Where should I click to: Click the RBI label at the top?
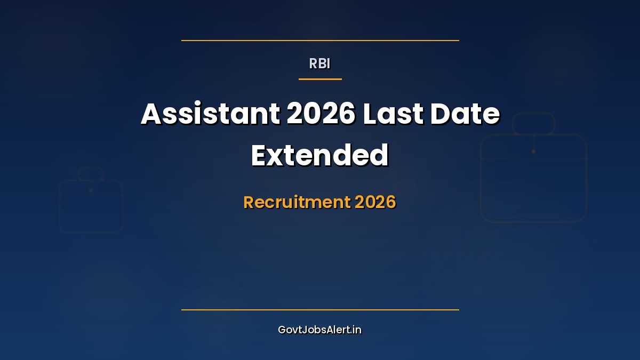[x=320, y=63]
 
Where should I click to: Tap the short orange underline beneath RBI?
[x=320, y=79]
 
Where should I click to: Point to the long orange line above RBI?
[x=320, y=40]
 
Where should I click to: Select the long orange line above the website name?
[x=320, y=309]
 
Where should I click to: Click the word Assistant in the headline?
[x=210, y=114]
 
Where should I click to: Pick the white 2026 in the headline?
[x=321, y=114]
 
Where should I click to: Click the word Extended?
[x=320, y=155]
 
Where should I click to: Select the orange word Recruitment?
[x=296, y=202]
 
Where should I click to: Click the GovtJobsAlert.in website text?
[x=320, y=330]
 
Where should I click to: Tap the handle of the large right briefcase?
[x=533, y=124]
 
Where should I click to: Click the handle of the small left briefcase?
[x=91, y=174]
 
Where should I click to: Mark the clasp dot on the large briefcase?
[x=533, y=151]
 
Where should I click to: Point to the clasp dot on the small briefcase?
[x=91, y=190]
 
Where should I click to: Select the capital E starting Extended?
[x=260, y=155]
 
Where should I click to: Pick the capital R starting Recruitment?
[x=249, y=202]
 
